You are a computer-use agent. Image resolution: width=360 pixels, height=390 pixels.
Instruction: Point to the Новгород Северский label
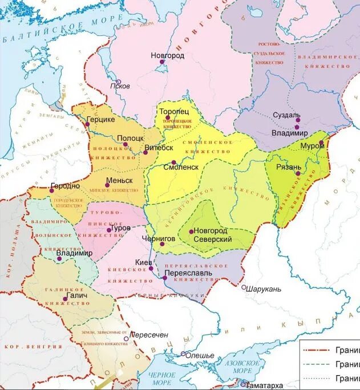[212, 234]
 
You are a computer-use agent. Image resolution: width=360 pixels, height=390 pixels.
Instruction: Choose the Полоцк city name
[130, 138]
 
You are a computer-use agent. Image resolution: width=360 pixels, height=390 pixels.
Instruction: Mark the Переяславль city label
[188, 273]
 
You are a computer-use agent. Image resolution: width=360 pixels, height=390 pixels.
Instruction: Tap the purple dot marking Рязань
[298, 173]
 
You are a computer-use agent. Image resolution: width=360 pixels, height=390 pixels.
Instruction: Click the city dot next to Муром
[321, 143]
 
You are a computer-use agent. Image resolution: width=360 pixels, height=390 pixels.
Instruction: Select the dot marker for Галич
[66, 298]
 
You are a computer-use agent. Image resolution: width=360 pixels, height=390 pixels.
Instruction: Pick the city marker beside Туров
[109, 230]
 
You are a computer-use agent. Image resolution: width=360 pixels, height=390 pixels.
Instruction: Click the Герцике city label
[100, 120]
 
